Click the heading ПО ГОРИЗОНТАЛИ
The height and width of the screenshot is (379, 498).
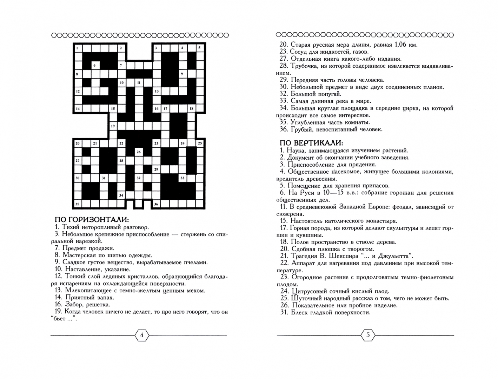click(92, 220)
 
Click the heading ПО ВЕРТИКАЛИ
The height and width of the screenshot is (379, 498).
click(311, 143)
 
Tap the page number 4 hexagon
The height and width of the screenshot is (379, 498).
click(142, 335)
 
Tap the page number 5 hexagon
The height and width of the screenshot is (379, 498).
click(368, 335)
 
